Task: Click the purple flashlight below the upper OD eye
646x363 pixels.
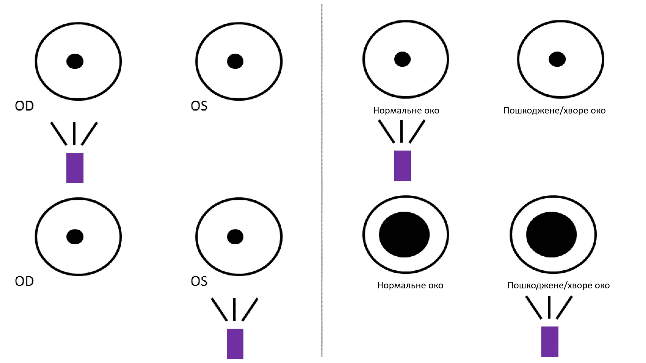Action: (75, 168)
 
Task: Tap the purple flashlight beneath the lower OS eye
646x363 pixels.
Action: (235, 344)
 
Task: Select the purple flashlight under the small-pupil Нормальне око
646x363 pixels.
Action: (402, 166)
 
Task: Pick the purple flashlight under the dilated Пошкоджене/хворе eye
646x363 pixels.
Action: (550, 342)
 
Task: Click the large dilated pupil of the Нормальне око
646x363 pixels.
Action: (404, 234)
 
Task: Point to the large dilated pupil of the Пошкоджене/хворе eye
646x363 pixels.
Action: (551, 234)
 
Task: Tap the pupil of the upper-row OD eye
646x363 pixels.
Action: (75, 61)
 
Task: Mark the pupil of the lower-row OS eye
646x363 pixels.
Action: (235, 237)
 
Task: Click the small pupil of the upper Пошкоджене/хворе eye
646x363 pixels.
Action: (557, 59)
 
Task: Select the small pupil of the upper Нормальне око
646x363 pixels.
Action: (402, 59)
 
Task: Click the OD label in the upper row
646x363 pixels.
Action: (24, 106)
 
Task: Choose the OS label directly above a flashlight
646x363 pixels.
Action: (199, 281)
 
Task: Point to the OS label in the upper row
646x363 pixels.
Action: (199, 106)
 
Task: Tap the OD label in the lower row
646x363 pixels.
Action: (24, 281)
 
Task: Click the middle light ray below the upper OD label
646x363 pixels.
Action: (74, 134)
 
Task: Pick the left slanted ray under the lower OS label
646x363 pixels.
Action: (219, 310)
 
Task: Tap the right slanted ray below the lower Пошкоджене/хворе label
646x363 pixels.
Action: (564, 308)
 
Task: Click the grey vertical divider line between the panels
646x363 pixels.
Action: (322, 181)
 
